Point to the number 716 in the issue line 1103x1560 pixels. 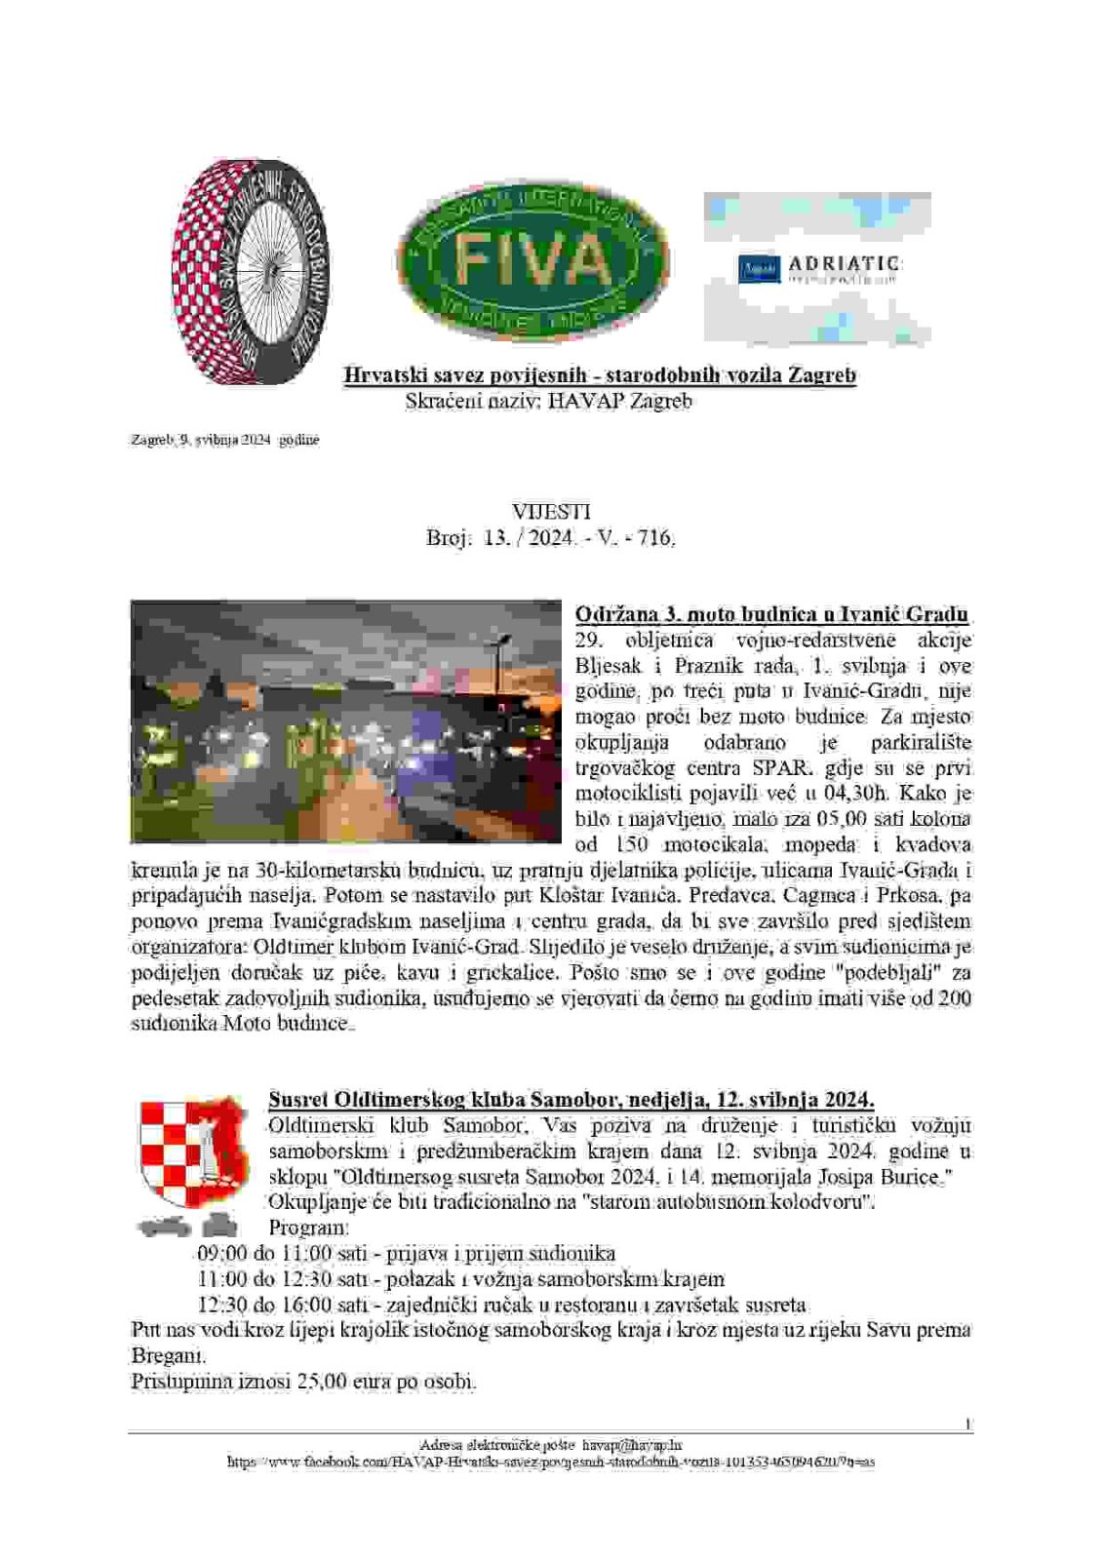(x=656, y=537)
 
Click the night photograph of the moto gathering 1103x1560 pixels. (x=347, y=721)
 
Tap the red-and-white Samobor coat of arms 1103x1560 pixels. (x=190, y=1150)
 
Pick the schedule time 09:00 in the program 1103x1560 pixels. (x=221, y=1254)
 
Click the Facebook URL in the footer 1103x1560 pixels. (x=551, y=1462)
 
